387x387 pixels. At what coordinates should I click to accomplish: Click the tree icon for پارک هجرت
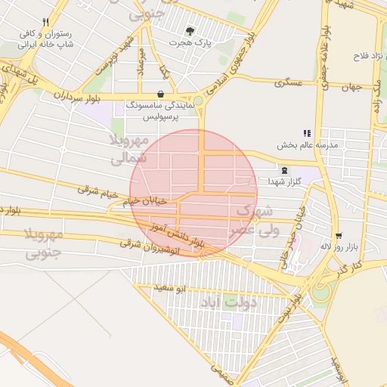190,31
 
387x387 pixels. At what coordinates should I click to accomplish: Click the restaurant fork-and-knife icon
46,22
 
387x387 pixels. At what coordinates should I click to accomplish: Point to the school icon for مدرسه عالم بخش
307,133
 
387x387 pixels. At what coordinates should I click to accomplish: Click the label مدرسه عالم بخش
308,144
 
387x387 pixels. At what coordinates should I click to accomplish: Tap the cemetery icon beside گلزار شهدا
283,171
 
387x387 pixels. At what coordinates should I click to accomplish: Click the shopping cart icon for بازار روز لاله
338,236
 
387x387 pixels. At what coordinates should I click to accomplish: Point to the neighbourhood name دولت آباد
229,302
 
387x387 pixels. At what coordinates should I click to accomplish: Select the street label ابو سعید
170,289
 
